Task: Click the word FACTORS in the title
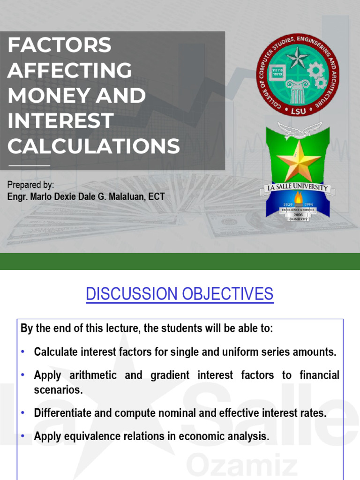tap(59, 45)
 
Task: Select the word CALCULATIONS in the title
tap(93, 146)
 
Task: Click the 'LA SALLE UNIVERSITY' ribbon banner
tap(298, 188)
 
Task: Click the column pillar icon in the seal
tap(298, 90)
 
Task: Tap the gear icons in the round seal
tap(317, 75)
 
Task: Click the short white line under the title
tap(29, 165)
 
